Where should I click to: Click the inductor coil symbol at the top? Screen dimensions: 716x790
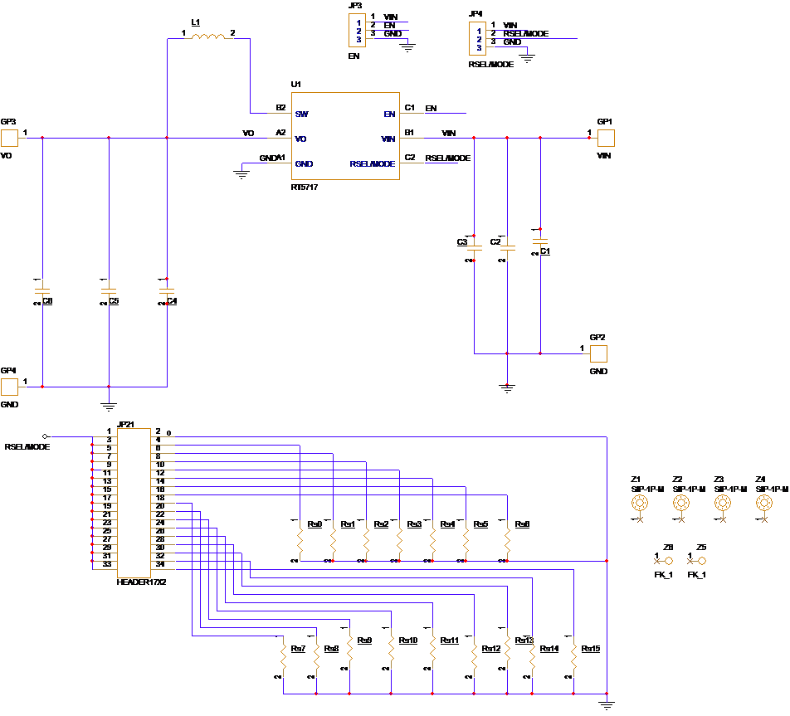(207, 37)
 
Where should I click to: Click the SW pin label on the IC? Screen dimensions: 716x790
(301, 114)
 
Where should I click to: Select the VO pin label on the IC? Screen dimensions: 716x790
(300, 139)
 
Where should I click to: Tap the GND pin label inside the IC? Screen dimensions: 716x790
(304, 164)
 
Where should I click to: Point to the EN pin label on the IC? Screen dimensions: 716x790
(389, 114)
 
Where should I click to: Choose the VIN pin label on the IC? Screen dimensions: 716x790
(388, 139)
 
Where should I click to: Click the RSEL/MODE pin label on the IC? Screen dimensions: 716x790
(373, 164)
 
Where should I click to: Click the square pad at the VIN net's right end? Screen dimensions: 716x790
(607, 139)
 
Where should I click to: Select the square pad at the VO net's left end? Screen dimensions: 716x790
(9, 139)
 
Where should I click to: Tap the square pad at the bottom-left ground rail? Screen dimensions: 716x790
(9, 387)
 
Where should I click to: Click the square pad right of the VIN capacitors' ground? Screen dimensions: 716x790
(598, 354)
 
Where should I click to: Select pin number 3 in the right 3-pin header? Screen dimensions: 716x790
(479, 47)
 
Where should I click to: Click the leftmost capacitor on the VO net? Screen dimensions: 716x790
(42, 291)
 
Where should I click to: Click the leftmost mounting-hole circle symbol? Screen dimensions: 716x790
(640, 502)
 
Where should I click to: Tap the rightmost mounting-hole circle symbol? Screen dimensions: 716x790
(763, 502)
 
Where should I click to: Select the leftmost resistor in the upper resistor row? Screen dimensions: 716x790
(300, 543)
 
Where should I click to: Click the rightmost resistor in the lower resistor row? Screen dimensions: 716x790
(573, 660)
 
